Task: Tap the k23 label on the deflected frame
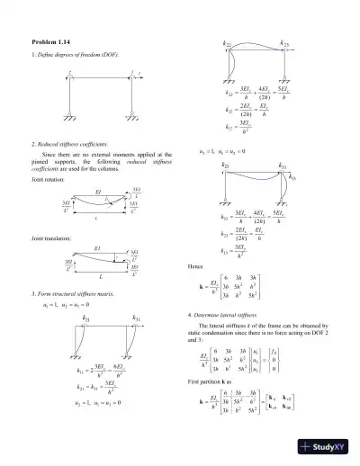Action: [285, 43]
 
